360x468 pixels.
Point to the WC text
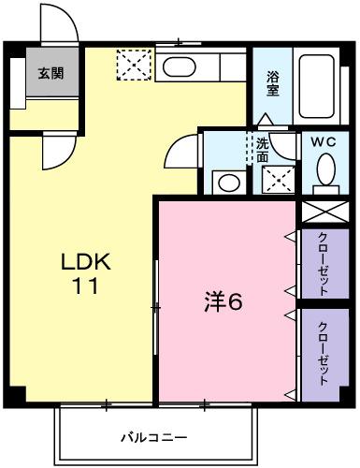coord(324,142)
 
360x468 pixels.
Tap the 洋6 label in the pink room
coord(224,301)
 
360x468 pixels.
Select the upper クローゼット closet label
coord(323,263)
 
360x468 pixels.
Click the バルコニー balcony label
coord(154,437)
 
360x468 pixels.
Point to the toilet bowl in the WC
coord(325,171)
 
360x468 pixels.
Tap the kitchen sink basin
coord(176,66)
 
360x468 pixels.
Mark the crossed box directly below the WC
coord(324,212)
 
